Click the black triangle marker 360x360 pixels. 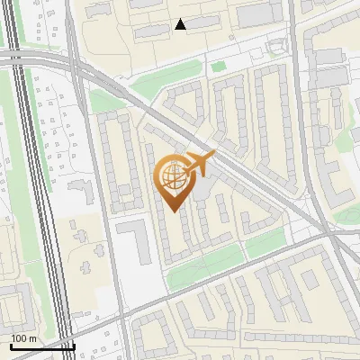coord(181,24)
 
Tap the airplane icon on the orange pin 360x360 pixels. coord(197,164)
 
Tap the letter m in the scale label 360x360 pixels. coord(33,338)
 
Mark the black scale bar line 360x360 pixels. coord(41,346)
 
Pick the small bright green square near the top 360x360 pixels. coord(218,66)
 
